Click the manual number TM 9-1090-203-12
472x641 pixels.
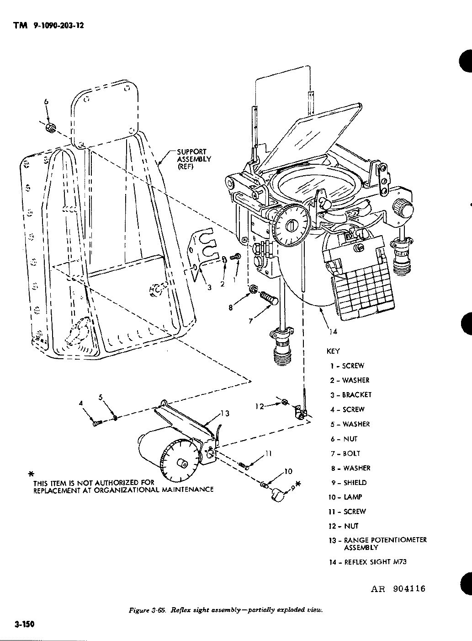point(48,26)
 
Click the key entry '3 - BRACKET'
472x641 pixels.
point(351,395)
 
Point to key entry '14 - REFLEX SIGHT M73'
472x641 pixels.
point(368,562)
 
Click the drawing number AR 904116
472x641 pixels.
point(398,588)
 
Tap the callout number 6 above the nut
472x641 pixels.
point(46,102)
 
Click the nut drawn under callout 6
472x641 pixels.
point(52,129)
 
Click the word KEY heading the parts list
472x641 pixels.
point(333,351)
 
